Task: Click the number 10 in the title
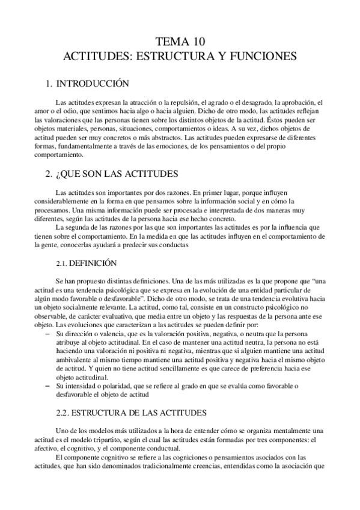pyautogui.click(x=198, y=42)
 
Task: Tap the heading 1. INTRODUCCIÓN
pyautogui.click(x=88, y=84)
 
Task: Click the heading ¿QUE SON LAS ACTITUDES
pyautogui.click(x=111, y=174)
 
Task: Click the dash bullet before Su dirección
pyautogui.click(x=47, y=333)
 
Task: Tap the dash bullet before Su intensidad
pyautogui.click(x=47, y=386)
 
